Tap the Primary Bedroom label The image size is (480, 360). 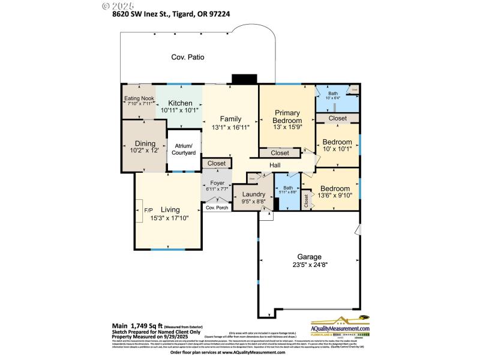(287, 116)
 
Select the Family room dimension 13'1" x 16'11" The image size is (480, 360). (230, 127)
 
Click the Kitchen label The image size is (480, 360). (180, 103)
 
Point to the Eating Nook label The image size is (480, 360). (139, 98)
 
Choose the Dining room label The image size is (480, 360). (145, 143)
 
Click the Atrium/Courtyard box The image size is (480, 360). (183, 149)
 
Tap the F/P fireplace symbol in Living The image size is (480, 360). (147, 210)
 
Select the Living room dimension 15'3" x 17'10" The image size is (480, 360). (170, 218)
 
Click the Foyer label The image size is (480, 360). (217, 182)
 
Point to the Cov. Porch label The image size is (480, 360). (217, 208)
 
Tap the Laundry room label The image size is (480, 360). (254, 194)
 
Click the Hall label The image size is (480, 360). (275, 165)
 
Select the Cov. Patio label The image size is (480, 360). (188, 58)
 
